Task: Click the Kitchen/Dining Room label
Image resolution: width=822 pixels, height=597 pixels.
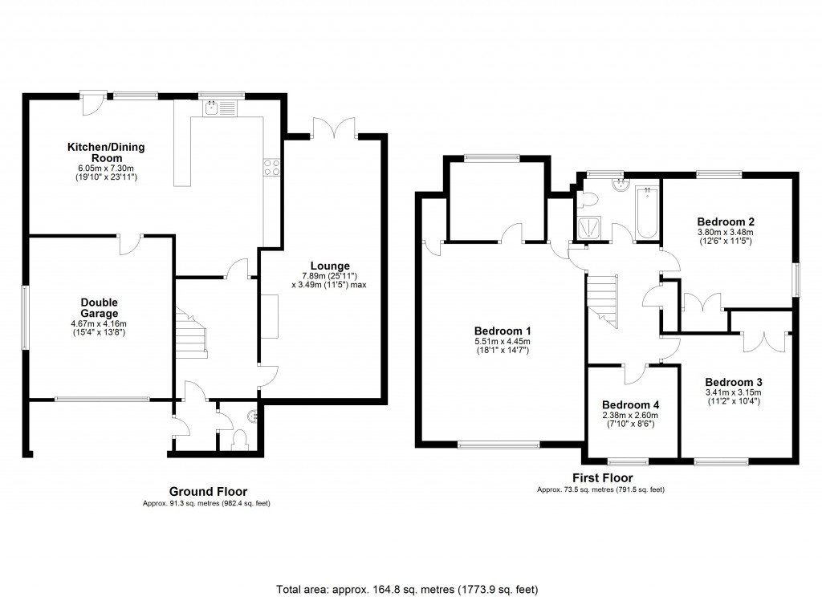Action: pyautogui.click(x=100, y=152)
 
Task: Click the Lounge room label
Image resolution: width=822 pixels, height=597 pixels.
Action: pyautogui.click(x=331, y=266)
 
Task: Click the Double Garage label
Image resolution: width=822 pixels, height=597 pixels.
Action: pyautogui.click(x=100, y=307)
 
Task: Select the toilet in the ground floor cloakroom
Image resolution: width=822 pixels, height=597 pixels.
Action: pyautogui.click(x=238, y=439)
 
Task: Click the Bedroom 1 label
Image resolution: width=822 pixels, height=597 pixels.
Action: pyautogui.click(x=503, y=331)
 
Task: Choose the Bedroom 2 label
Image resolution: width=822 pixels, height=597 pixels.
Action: pyautogui.click(x=725, y=221)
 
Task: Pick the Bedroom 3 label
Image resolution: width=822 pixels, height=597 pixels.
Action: pyautogui.click(x=733, y=382)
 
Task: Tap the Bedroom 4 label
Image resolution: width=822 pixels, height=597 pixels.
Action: pyautogui.click(x=631, y=404)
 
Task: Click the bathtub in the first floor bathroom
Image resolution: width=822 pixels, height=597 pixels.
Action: pyautogui.click(x=646, y=213)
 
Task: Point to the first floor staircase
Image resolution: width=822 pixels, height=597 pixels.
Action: pyautogui.click(x=603, y=300)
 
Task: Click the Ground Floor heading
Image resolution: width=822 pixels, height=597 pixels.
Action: pyautogui.click(x=208, y=491)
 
